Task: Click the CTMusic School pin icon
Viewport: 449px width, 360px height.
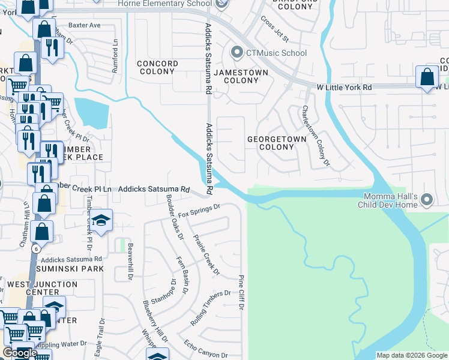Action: point(237,53)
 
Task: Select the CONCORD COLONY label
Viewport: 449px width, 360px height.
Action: point(157,67)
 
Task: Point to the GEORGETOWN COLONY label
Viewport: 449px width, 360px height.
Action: point(277,143)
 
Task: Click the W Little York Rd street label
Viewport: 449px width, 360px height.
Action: point(345,88)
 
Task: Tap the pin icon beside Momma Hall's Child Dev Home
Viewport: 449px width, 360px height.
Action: point(427,199)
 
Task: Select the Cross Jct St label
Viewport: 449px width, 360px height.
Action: point(274,28)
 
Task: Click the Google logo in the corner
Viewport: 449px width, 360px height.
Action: point(20,353)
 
